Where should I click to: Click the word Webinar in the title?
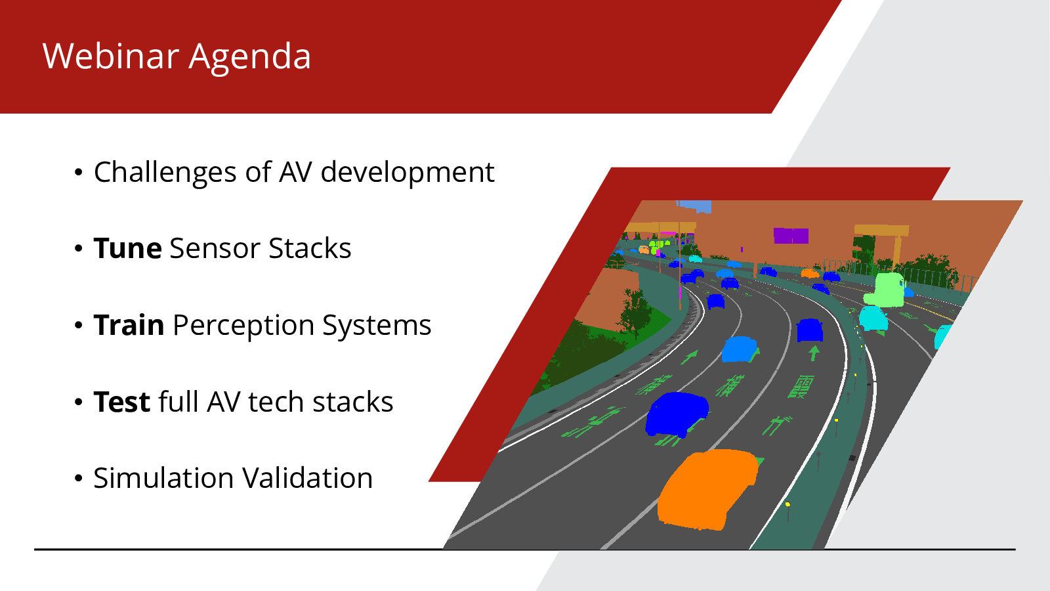click(111, 56)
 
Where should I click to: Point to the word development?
click(408, 171)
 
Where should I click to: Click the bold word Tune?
click(128, 248)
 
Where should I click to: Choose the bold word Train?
click(129, 325)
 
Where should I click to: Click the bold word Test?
click(122, 402)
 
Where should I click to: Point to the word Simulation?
click(163, 478)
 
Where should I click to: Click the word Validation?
click(308, 478)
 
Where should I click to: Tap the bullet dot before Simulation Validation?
click(79, 479)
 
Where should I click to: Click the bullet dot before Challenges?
click(79, 173)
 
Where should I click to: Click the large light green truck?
click(885, 290)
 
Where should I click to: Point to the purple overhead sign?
click(791, 236)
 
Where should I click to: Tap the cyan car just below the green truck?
click(873, 318)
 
